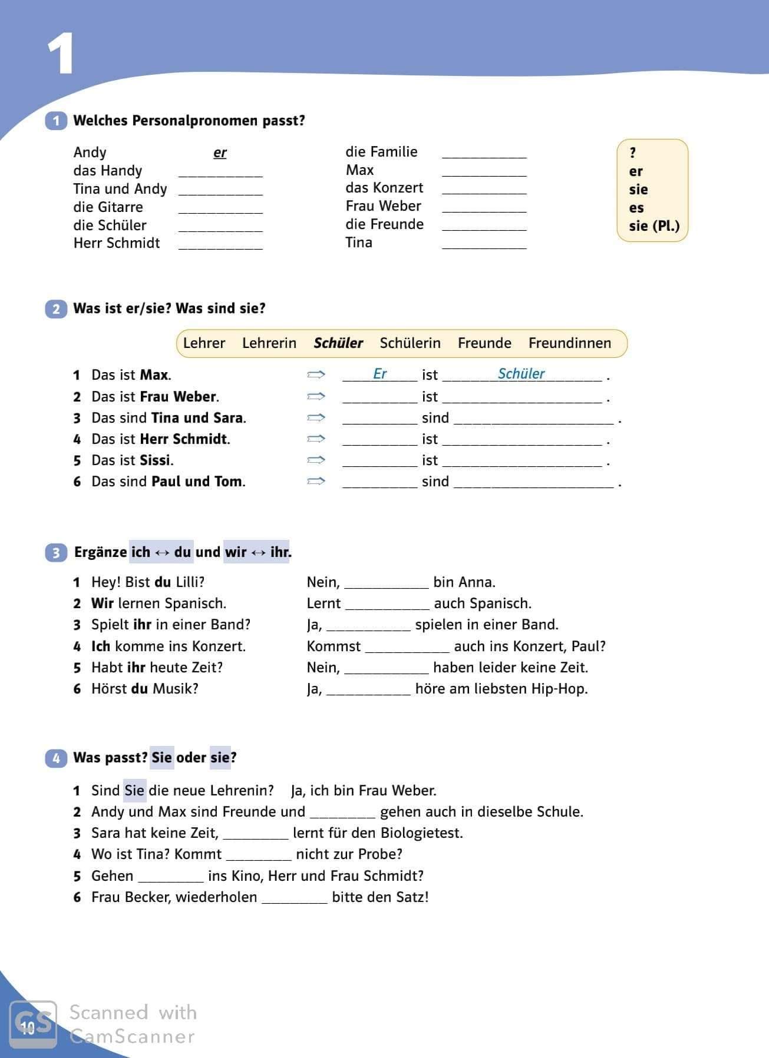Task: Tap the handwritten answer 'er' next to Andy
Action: coord(220,153)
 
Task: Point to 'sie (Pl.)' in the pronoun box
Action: coord(654,226)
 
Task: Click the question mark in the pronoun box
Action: coord(632,153)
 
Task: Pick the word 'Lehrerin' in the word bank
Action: coord(269,343)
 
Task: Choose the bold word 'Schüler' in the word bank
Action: coord(338,343)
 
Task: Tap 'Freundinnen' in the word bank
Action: coord(570,343)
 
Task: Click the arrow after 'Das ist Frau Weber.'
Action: coord(316,396)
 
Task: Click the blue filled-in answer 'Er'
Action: coord(380,374)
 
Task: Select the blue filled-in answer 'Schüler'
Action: coord(522,374)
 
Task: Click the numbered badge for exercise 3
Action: coord(56,553)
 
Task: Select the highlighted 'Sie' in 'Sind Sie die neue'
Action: coord(134,790)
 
